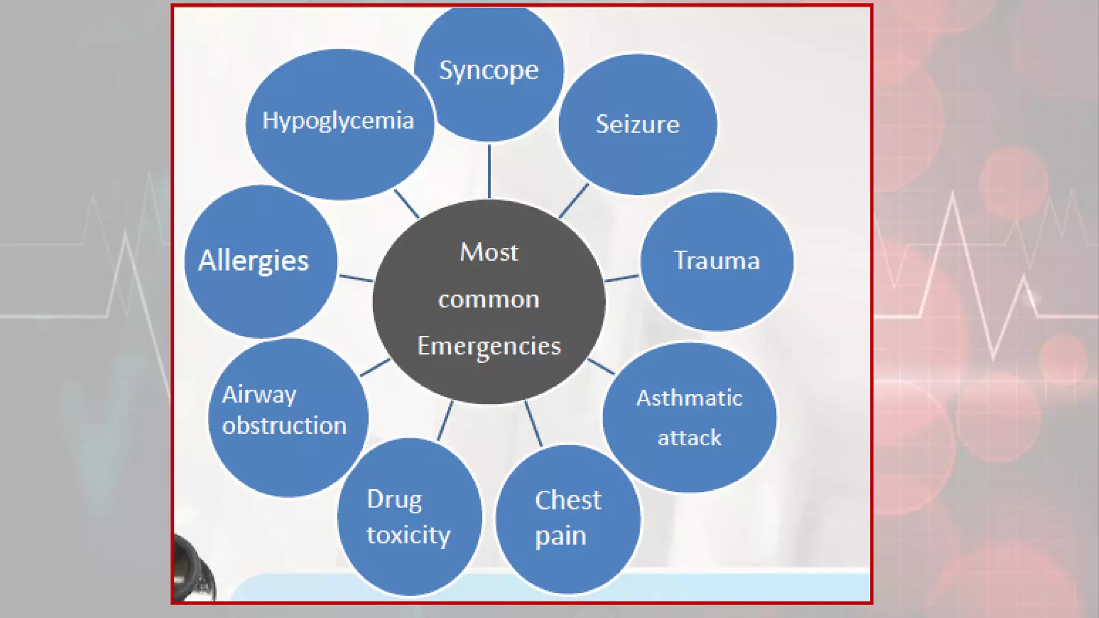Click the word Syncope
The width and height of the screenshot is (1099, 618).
pos(488,70)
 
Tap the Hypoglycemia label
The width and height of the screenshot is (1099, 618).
pos(338,120)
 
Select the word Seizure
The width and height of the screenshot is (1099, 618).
pos(638,124)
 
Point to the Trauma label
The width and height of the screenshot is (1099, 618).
pos(717,261)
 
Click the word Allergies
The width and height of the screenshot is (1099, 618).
pos(253,261)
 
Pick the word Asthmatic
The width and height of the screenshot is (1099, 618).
pos(690,398)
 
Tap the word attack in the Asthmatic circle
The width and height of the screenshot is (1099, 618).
pos(690,438)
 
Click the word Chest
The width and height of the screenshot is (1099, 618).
pos(568,500)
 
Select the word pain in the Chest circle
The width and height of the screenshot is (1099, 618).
pos(560,536)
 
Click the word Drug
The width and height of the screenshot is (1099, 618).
pos(394,499)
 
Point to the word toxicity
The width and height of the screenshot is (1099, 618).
pos(408,535)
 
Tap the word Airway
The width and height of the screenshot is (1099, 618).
pos(259,395)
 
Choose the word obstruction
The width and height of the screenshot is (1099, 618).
pos(284,425)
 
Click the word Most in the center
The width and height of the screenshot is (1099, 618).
pos(489,252)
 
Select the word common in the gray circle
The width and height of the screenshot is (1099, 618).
pos(489,299)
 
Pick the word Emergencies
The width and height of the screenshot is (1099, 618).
pos(489,346)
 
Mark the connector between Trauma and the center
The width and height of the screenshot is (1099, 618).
pos(622,278)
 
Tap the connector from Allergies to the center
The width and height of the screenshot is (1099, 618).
pos(356,278)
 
